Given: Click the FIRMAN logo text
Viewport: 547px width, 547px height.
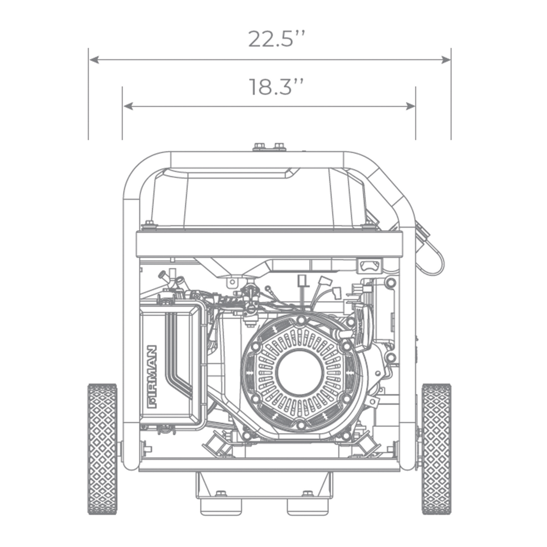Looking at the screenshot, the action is [152, 377].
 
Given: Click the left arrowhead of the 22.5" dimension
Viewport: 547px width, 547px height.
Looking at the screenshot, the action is [94, 59].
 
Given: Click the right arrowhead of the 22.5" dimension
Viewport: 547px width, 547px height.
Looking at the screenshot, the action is [446, 59].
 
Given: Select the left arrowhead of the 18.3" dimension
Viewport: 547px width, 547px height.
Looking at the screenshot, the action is [128, 106].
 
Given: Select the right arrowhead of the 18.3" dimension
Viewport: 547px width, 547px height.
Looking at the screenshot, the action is [410, 106].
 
